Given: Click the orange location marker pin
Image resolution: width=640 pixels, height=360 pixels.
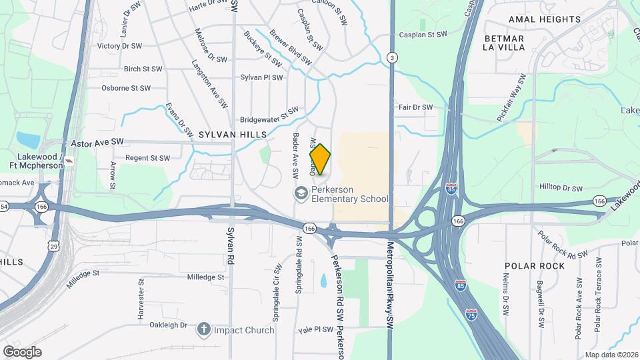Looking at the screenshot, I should pos(321,159).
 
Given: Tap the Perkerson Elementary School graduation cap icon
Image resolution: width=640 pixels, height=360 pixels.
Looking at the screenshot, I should pos(301,193).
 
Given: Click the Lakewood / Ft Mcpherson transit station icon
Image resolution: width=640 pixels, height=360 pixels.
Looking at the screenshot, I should pos(70,161).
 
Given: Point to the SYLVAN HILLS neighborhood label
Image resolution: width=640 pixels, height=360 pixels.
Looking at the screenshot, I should pos(233,135).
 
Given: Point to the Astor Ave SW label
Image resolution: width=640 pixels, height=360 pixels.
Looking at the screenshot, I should pos(97,143).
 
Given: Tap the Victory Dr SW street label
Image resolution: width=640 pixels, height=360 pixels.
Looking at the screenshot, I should pos(120,47).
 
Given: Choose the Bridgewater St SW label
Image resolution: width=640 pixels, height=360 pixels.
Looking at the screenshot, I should pos(269,115).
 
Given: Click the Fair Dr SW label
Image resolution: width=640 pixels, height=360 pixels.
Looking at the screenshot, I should pos(415,107).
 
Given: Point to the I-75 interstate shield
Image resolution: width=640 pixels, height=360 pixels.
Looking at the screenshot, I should pos(471,313).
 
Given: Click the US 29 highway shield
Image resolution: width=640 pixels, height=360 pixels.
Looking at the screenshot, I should pos(52,245).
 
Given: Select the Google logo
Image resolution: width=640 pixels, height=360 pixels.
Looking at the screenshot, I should pos(22,351).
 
